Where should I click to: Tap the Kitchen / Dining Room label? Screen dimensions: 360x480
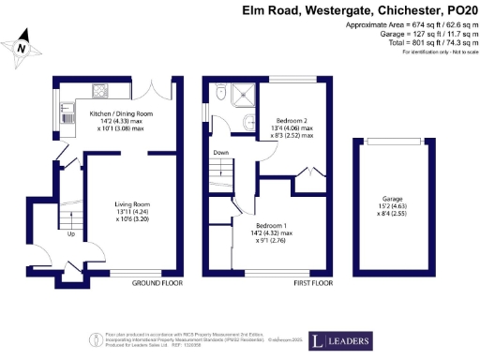(x=121, y=113)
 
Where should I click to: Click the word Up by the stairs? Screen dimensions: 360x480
(x=71, y=234)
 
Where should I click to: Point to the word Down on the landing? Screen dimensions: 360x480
(x=220, y=152)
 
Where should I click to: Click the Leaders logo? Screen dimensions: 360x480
(x=334, y=338)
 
